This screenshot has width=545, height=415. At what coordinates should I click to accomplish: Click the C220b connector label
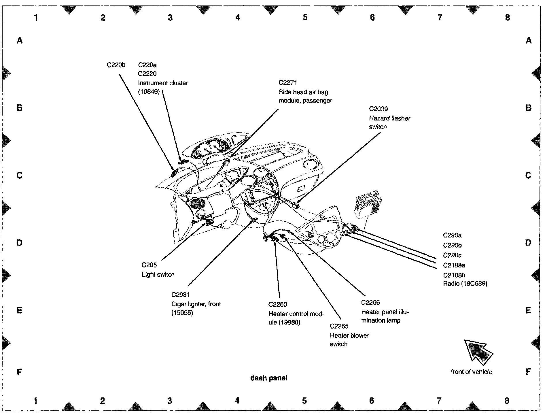pos(116,65)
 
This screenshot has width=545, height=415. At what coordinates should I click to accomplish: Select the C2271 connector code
pos(287,83)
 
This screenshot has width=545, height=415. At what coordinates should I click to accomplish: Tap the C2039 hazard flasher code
pos(378,109)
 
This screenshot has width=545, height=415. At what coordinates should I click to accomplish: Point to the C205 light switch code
pos(149,265)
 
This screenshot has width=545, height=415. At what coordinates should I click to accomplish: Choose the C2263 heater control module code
pos(278,305)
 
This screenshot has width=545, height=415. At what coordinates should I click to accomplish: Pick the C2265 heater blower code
pos(339,326)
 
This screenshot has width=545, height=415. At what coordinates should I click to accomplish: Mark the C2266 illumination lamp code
pos(370,303)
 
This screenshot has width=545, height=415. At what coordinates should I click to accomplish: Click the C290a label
pos(452,235)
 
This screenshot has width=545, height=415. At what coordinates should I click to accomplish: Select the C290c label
pos(452,255)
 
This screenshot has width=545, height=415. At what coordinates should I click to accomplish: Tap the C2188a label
pos(454,265)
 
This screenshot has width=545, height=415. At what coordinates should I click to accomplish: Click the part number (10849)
pos(149,92)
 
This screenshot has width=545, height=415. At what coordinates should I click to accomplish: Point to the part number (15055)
pos(182,313)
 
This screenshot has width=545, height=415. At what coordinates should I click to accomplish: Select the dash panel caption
pos(269,378)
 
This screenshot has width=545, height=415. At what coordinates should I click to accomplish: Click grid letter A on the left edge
pos(20,41)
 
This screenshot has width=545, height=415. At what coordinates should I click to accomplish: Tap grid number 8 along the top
pos(507,18)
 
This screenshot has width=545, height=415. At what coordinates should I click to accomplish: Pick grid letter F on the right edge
pos(528,372)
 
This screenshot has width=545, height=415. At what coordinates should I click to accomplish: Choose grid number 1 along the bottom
pos(35,401)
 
